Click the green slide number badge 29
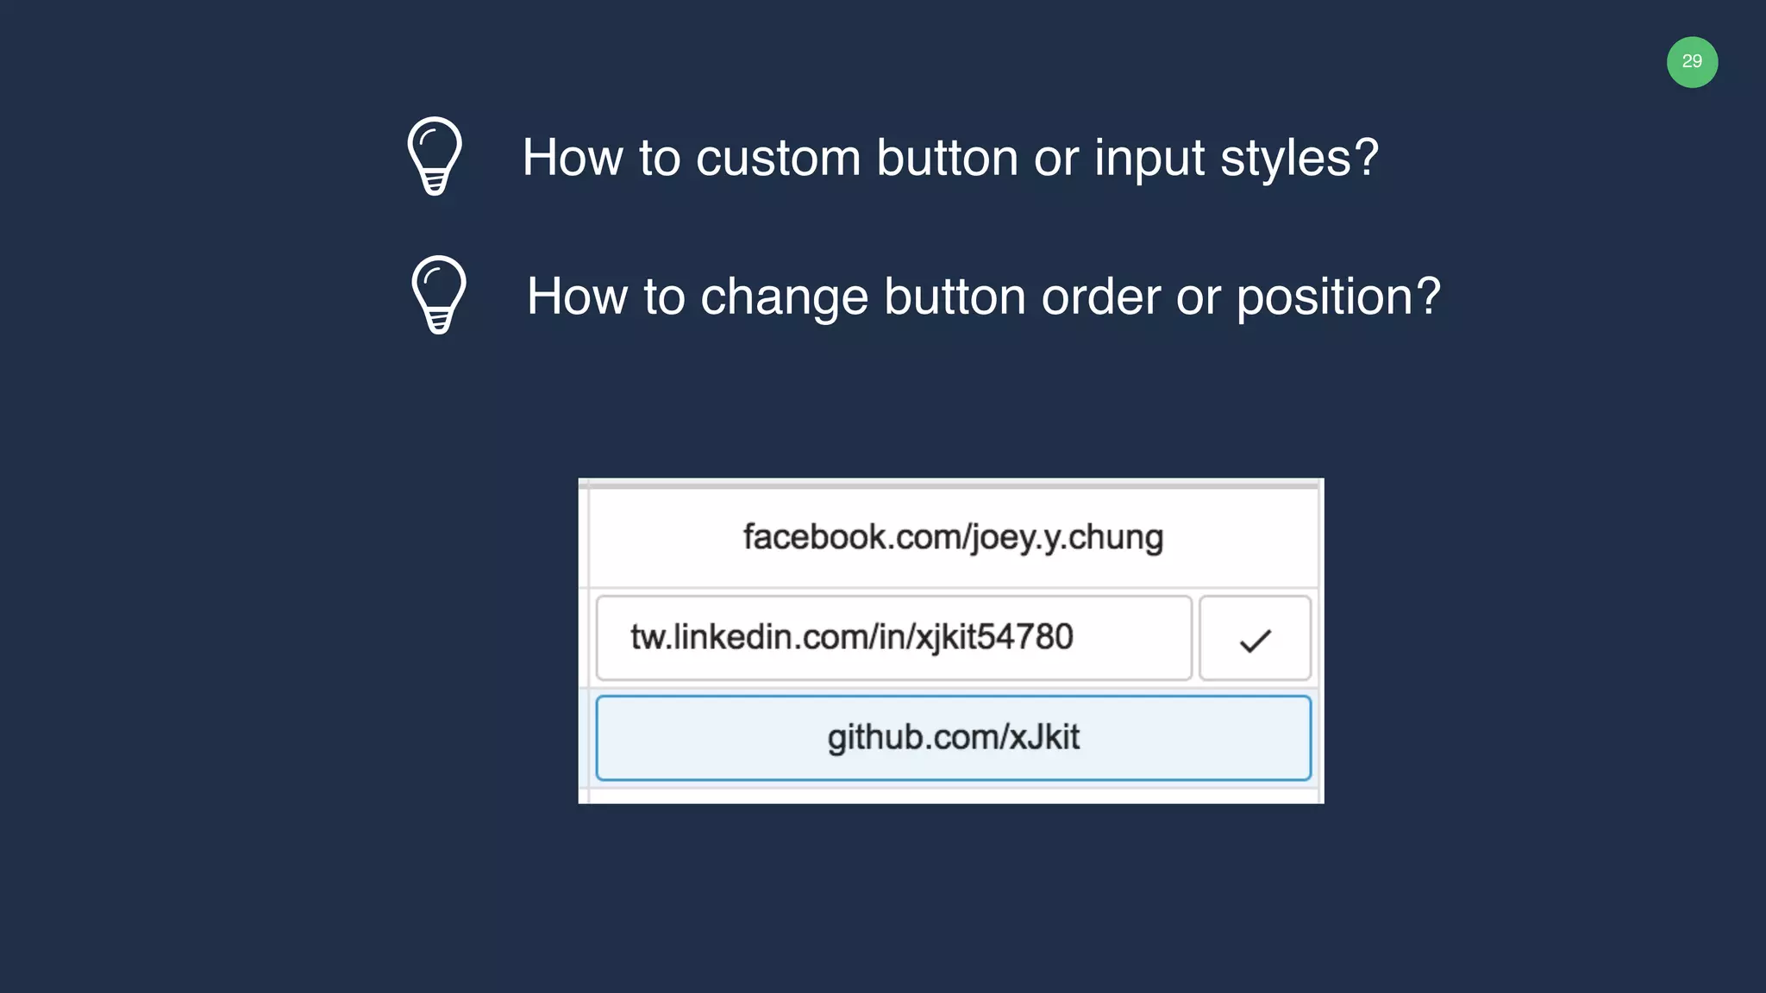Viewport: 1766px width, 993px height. [1692, 62]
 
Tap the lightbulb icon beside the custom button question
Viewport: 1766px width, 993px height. [435, 156]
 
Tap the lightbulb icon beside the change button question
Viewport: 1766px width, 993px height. [439, 295]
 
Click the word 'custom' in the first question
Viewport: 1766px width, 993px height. [778, 159]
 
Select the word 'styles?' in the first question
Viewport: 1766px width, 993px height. [1299, 159]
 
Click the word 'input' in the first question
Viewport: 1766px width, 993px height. [1149, 159]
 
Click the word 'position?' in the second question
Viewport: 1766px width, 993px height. [1337, 297]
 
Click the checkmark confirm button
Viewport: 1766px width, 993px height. [1255, 639]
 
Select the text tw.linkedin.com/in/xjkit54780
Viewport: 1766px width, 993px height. [851, 638]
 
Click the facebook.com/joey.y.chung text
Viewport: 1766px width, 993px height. [953, 537]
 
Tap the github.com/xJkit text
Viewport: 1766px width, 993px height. [953, 738]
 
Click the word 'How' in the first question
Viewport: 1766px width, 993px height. [572, 159]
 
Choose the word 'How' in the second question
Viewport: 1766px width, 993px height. [576, 297]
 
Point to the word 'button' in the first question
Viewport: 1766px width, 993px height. [947, 159]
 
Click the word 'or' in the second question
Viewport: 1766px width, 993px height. [1198, 297]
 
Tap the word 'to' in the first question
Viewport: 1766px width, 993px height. [659, 159]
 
